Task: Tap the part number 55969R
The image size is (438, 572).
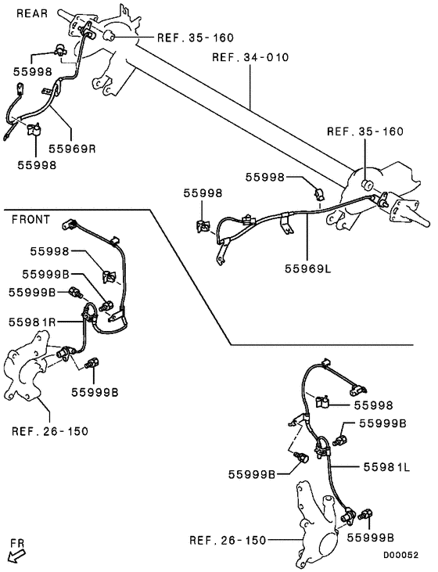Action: pyautogui.click(x=72, y=146)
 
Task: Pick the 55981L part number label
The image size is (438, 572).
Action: pyautogui.click(x=386, y=466)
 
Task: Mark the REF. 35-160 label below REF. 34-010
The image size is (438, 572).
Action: pyautogui.click(x=364, y=131)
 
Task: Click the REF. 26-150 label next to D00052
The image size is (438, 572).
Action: pyautogui.click(x=228, y=540)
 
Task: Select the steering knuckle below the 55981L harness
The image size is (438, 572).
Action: pyautogui.click(x=313, y=520)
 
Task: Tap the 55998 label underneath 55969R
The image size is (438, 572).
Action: pyautogui.click(x=37, y=165)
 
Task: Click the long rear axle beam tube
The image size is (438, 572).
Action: pyautogui.click(x=235, y=110)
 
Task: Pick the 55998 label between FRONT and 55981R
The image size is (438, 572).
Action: pyautogui.click(x=50, y=251)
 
